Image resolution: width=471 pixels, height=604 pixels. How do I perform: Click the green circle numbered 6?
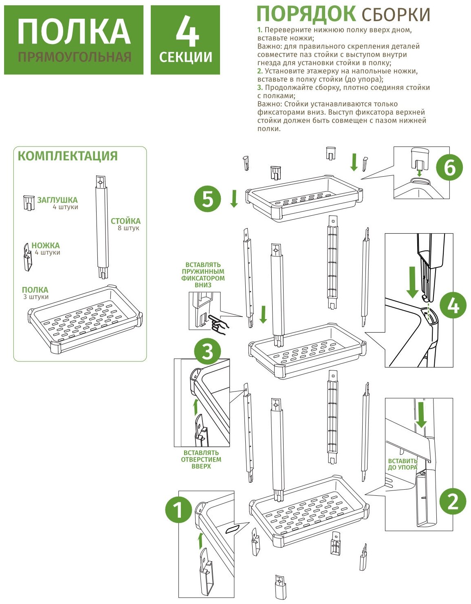coord(449,167)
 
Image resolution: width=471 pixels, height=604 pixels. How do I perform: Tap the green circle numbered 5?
coord(208,199)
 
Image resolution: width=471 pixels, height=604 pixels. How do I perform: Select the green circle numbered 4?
coord(453,306)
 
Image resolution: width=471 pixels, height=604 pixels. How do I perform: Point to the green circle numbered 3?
coord(207,351)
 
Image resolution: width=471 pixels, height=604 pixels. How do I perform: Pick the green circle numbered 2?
coord(453,501)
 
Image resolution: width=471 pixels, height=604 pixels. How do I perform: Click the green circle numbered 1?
coord(178,510)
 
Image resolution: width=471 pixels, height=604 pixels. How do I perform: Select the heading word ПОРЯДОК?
coord(306,14)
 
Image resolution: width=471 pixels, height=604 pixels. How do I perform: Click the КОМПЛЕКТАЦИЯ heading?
coord(68,156)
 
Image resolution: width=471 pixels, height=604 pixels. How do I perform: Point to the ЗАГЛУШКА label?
coord(57,200)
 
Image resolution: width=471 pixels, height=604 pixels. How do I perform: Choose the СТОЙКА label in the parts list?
coord(125,221)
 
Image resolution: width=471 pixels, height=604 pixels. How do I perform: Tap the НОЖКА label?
coord(46,245)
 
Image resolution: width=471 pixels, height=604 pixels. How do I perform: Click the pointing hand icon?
coord(218,323)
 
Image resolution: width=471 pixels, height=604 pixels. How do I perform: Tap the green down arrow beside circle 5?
coord(234,198)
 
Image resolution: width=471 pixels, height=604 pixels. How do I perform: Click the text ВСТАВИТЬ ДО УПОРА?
coord(402,464)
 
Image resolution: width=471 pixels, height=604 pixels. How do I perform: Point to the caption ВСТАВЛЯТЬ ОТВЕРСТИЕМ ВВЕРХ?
coord(201,460)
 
